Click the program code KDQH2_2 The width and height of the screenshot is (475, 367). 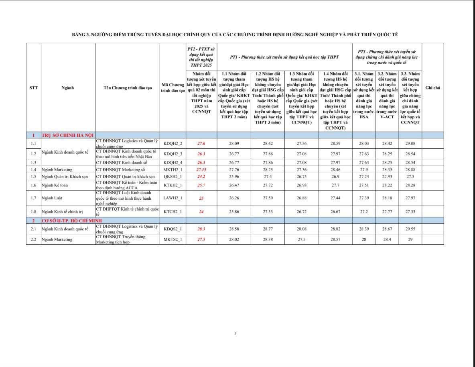click(173, 144)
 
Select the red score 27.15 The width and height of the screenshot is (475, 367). click(201, 170)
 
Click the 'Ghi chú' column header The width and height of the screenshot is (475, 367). click(432, 88)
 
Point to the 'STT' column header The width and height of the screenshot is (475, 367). click(34, 88)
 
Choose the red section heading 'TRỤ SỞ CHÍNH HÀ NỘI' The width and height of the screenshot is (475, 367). click(67, 135)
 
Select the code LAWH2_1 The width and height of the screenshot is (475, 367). click(173, 198)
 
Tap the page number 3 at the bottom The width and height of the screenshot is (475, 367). click(235, 333)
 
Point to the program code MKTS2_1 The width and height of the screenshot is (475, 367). click(173, 239)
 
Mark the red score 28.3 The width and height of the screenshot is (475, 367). click(201, 229)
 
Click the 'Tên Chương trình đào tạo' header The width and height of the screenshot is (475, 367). click(128, 88)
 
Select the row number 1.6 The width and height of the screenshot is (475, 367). click(33, 185)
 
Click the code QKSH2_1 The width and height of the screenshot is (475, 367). click(173, 176)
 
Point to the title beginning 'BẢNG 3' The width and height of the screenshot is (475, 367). click(235, 35)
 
